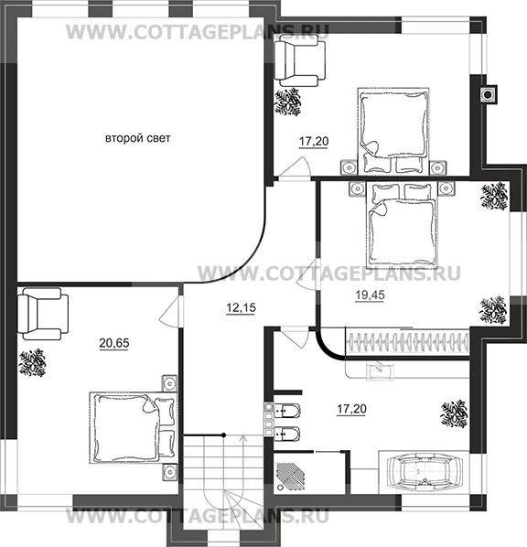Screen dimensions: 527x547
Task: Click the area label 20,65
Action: [x=114, y=343]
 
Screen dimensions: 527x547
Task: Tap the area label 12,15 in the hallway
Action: [x=241, y=307]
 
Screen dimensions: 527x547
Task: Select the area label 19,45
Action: [x=370, y=295]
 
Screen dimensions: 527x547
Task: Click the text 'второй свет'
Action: [x=138, y=138]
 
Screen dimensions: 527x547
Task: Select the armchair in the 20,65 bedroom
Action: [x=42, y=314]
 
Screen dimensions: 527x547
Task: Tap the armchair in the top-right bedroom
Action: [x=300, y=61]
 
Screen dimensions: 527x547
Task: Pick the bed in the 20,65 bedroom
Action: [x=133, y=428]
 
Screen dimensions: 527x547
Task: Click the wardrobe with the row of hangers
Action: [x=407, y=342]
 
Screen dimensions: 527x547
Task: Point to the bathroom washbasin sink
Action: [x=380, y=372]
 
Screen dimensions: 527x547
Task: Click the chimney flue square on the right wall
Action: [x=488, y=94]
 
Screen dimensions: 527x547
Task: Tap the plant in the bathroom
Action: [x=455, y=413]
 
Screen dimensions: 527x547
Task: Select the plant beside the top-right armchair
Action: [x=288, y=102]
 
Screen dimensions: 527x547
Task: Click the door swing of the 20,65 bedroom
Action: [x=171, y=312]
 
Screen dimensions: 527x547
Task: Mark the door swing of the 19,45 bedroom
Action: [x=307, y=273]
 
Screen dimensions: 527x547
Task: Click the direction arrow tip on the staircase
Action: [x=242, y=435]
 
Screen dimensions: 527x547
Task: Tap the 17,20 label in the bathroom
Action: [x=352, y=409]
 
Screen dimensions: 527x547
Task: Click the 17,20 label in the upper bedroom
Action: [x=314, y=141]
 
